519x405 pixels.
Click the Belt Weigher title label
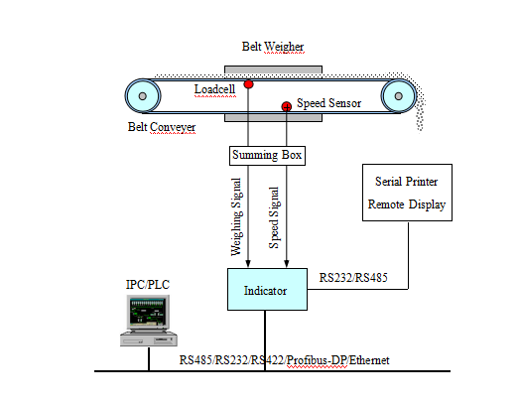(273, 47)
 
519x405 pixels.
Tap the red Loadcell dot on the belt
(248, 84)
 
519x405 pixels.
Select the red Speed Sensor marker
(287, 106)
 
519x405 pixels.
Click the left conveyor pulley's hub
(143, 96)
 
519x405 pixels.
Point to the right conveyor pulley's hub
(399, 96)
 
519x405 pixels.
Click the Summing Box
(267, 156)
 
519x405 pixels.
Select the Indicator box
(267, 289)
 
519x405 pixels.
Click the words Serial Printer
(407, 182)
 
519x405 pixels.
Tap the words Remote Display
(407, 204)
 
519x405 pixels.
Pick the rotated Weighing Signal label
(236, 217)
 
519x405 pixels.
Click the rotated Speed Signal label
(274, 217)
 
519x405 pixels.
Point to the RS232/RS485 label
(353, 278)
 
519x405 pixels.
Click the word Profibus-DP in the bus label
(317, 360)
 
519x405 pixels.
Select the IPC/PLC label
(148, 285)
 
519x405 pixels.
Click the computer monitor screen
(148, 311)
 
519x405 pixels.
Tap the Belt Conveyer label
(162, 127)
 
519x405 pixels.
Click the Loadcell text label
(214, 89)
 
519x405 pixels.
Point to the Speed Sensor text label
(328, 103)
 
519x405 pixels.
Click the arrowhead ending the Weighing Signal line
(248, 263)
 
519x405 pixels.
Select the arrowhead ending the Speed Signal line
(287, 263)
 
